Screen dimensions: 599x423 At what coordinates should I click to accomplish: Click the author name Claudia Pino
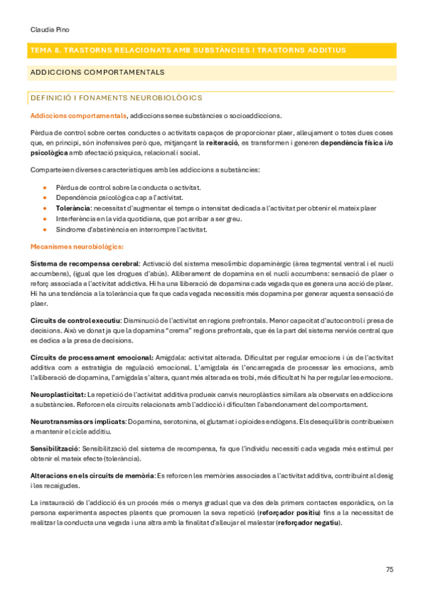[x=49, y=30]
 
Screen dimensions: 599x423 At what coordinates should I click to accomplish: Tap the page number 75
[x=390, y=569]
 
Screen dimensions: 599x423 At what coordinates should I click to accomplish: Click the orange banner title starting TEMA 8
[x=188, y=50]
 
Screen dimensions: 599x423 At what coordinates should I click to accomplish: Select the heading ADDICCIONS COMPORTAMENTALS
[x=97, y=72]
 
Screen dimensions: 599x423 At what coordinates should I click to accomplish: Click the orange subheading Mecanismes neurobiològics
[x=77, y=247]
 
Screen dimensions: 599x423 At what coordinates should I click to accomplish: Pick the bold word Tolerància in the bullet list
[x=73, y=208]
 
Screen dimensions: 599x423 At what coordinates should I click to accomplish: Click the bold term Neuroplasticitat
[x=57, y=393]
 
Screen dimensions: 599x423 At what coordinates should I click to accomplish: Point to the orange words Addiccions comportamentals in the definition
[x=78, y=115]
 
